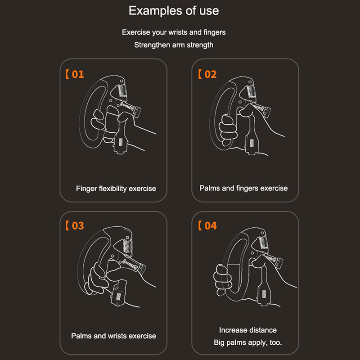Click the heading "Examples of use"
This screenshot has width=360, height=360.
pos(174,11)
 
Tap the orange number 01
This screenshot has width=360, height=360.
pos(78,74)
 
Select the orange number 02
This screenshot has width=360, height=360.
pos(210,74)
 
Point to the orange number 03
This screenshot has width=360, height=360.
pos(78,226)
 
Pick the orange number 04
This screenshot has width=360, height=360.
pos(210,226)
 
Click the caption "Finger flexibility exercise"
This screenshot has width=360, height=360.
pos(116,189)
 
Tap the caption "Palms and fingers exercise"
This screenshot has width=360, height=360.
pos(243,188)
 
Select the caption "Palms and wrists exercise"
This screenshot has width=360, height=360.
pos(113,336)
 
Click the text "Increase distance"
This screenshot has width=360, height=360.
pos(248,330)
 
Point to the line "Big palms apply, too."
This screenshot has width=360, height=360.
pos(248,342)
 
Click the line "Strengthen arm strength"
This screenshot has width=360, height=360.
pos(174,45)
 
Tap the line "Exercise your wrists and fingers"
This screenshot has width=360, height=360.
pos(174,32)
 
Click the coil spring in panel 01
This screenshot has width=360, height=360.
pos(122,90)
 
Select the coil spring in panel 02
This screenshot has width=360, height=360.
pos(252,91)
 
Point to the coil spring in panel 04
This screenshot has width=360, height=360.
pos(263,242)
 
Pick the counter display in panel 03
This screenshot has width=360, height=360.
pos(119,296)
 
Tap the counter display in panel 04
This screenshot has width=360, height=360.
pos(264,294)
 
